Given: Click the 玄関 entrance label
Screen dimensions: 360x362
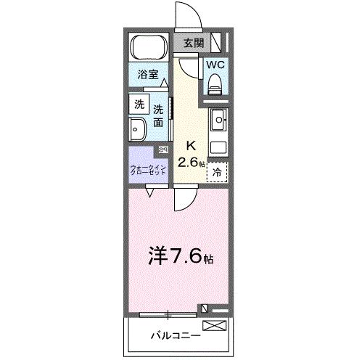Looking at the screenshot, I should pos(193,43).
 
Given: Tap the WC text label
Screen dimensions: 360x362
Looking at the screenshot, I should pos(216,64).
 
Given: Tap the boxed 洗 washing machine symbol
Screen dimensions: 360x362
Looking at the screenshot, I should pos(139,103).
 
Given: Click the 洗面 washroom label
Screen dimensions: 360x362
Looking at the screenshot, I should pos(158,116).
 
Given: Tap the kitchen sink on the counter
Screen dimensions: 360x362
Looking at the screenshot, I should pos(219,118).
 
